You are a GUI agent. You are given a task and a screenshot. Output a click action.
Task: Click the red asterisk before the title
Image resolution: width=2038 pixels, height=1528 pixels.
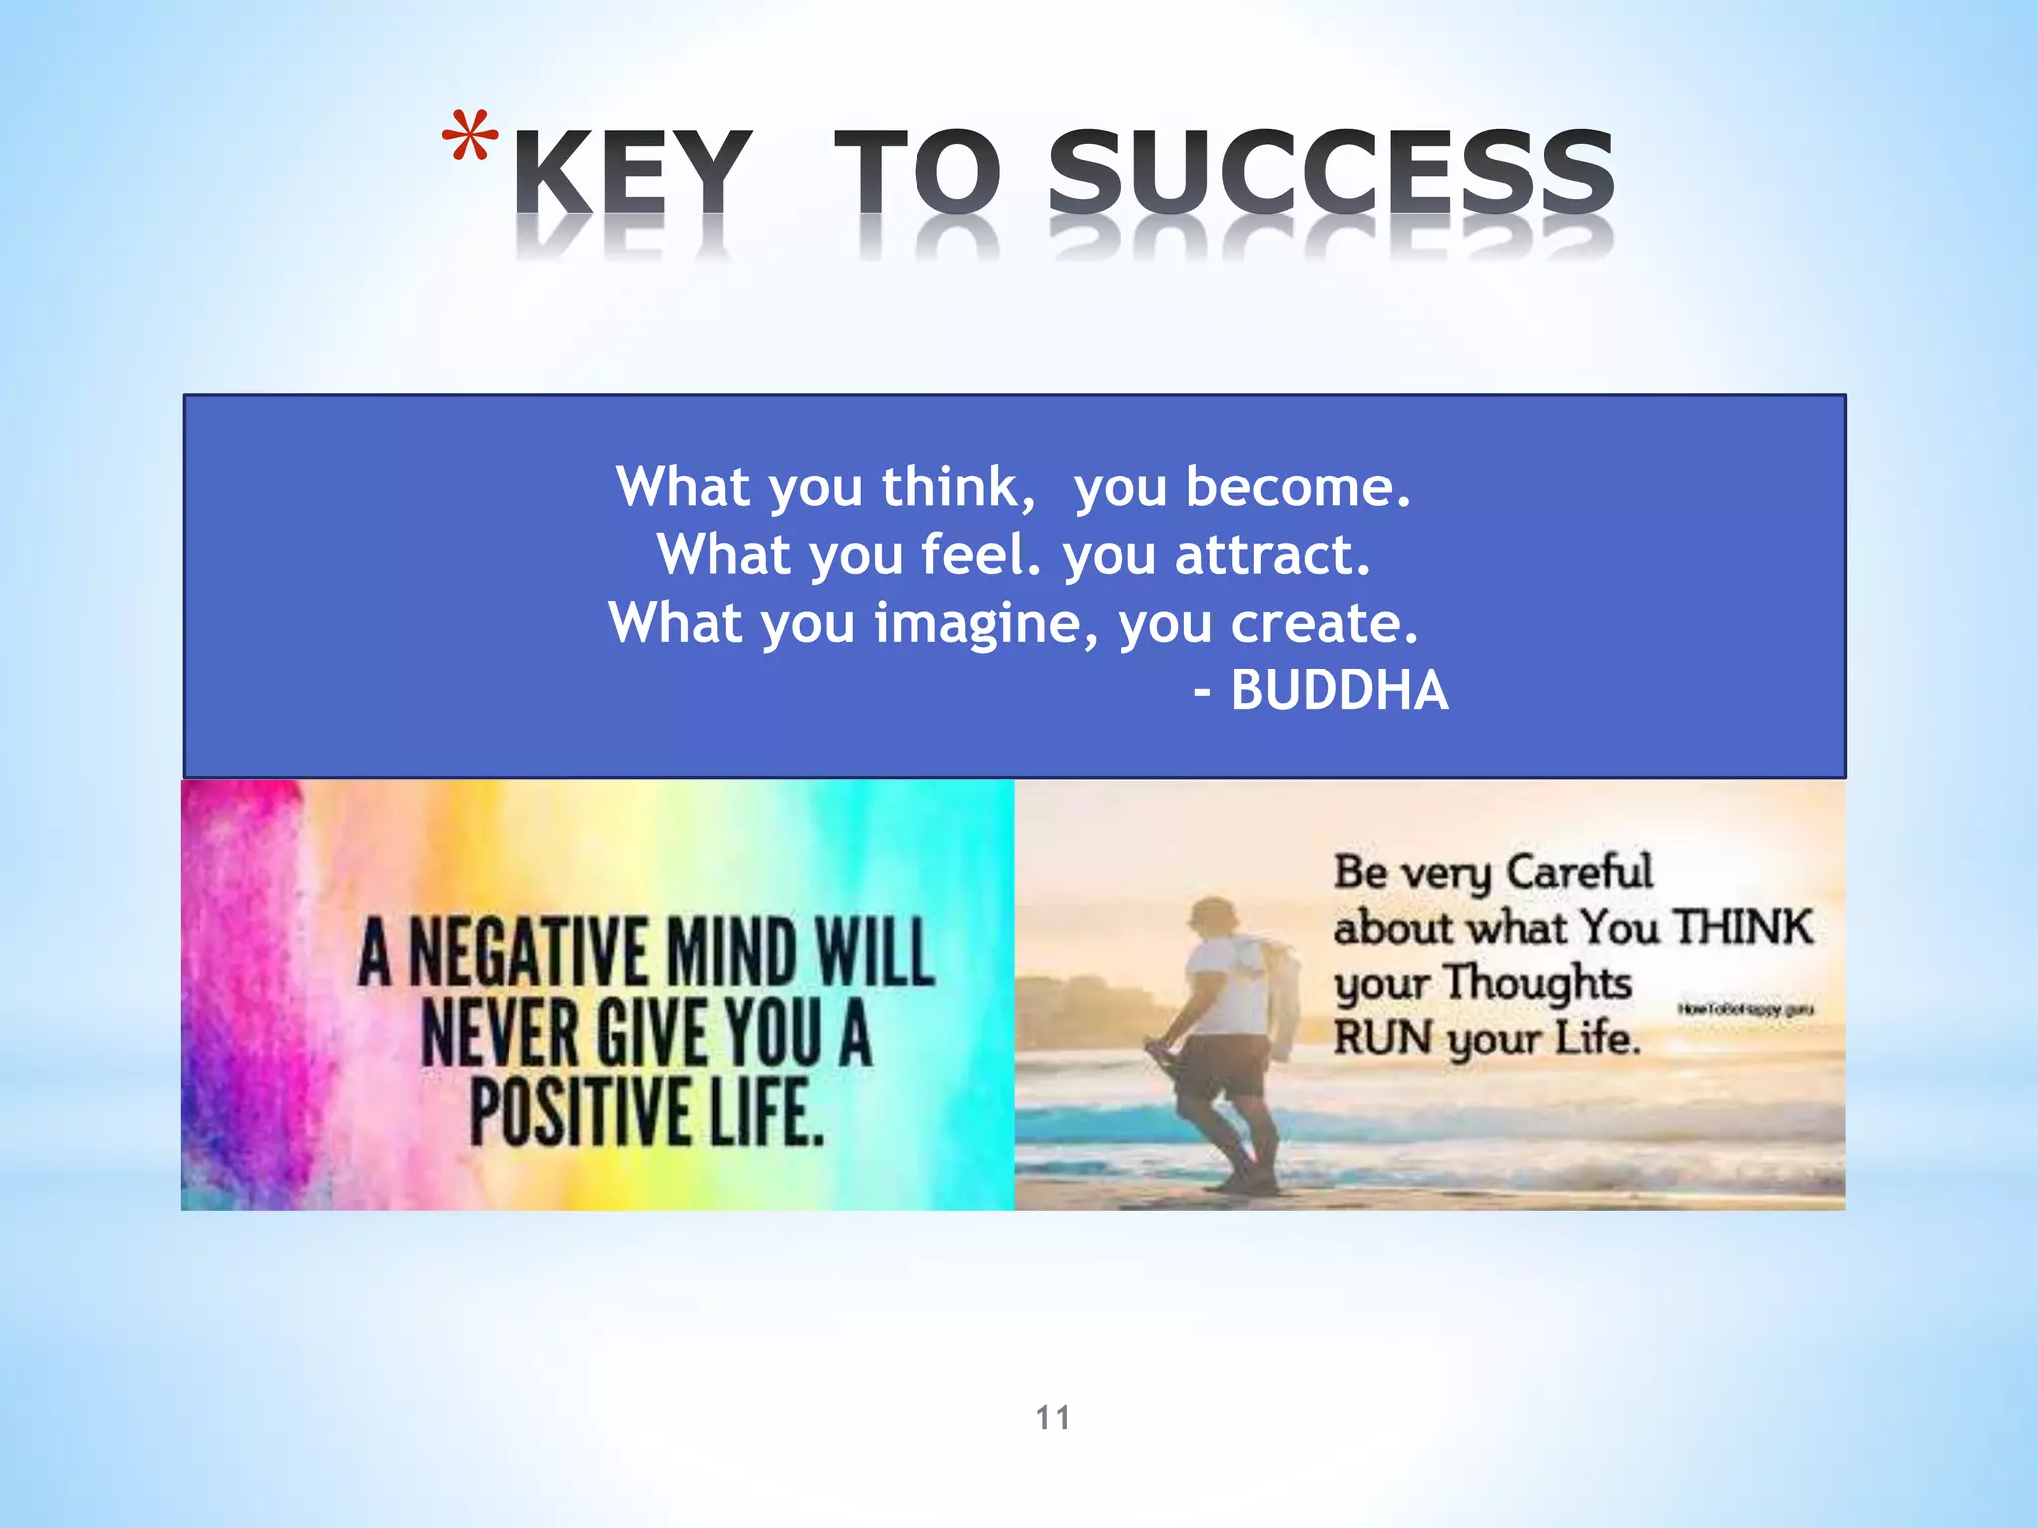tap(470, 138)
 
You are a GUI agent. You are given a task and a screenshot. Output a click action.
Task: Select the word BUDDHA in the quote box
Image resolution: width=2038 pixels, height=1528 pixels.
tap(1339, 690)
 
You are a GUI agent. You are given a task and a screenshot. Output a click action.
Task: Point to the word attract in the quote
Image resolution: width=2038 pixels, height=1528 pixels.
tap(1273, 555)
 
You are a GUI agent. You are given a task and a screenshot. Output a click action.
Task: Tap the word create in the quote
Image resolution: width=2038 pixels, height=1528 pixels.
tap(1324, 624)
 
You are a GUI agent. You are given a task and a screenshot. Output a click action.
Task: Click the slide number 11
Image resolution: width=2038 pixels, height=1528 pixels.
tap(1053, 1417)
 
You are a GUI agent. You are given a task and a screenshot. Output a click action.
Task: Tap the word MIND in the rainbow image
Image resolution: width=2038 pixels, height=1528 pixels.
tap(731, 952)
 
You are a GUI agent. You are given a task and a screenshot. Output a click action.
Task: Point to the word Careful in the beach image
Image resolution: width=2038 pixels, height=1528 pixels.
tap(1579, 872)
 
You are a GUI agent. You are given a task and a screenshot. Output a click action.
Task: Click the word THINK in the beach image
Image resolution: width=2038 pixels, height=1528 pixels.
tap(1743, 927)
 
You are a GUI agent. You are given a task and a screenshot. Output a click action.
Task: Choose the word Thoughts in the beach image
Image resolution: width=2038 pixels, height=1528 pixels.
tap(1538, 983)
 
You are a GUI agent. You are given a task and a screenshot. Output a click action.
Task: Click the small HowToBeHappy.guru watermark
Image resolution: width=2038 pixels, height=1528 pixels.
tap(1745, 1010)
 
